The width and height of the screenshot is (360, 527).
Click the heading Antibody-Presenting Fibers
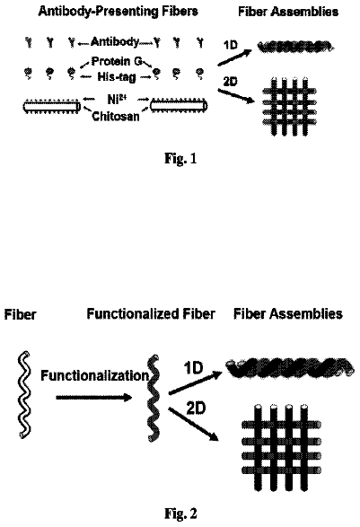[119, 11]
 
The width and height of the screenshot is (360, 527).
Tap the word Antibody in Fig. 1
[115, 41]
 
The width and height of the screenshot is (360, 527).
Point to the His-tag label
[117, 77]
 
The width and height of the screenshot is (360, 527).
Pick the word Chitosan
[116, 117]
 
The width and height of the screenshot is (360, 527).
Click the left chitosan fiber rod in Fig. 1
[52, 106]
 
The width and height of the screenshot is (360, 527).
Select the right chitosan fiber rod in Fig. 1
[179, 106]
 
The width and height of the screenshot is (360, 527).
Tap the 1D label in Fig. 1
[231, 45]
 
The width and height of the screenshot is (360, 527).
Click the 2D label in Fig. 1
[230, 82]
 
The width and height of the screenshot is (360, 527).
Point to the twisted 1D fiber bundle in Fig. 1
[296, 47]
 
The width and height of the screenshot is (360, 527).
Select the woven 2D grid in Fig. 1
[289, 107]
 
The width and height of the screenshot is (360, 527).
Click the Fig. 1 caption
[180, 158]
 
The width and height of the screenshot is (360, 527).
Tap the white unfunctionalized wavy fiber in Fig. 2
[24, 395]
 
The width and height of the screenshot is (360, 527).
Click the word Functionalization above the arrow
[94, 375]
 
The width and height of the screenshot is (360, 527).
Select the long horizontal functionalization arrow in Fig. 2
[94, 398]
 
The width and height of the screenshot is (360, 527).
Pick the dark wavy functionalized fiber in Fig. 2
[154, 398]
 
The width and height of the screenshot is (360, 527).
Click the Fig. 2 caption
[180, 514]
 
